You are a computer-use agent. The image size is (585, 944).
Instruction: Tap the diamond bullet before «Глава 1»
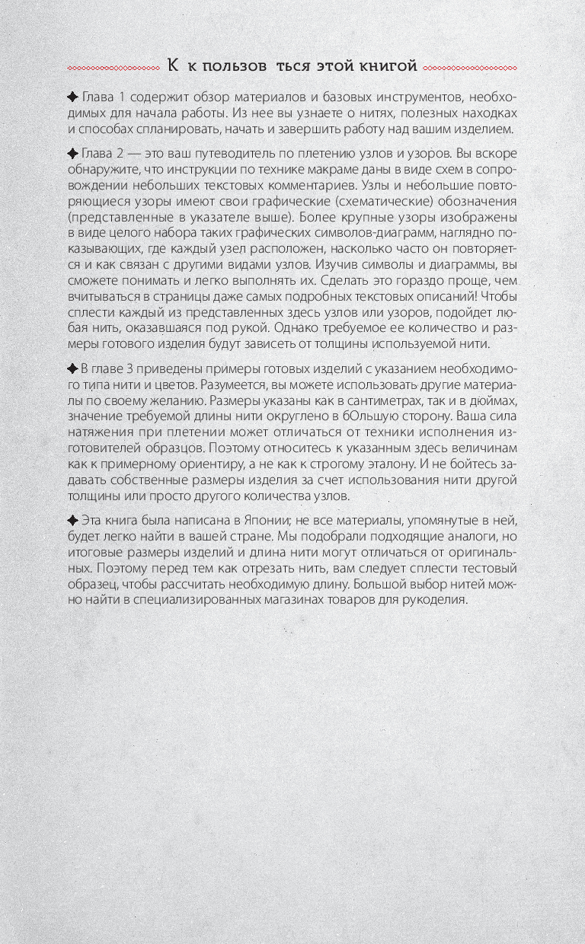(x=72, y=97)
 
